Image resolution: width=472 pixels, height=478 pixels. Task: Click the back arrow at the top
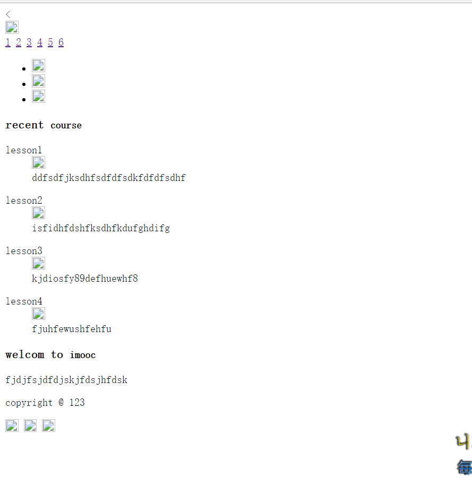tap(8, 14)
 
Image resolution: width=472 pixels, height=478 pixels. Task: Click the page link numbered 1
tap(8, 42)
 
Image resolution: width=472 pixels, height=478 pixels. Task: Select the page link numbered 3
tap(29, 42)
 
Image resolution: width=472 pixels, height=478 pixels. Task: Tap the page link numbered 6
tap(61, 42)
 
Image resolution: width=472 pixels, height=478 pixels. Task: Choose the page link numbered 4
tap(40, 42)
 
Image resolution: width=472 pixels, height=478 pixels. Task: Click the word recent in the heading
tap(24, 125)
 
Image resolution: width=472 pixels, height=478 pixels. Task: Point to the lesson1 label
tap(24, 150)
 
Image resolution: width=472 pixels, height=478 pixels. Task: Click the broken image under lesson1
tap(38, 162)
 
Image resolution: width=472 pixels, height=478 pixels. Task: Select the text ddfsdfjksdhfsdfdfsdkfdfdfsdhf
tap(108, 178)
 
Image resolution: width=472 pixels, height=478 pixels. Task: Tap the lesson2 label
tap(24, 201)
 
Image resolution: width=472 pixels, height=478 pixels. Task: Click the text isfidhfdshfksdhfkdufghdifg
tap(101, 228)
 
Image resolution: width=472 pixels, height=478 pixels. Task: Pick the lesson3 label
tap(24, 251)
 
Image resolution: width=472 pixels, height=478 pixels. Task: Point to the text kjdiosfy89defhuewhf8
tap(85, 279)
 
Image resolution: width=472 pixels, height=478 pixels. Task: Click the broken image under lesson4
tap(38, 314)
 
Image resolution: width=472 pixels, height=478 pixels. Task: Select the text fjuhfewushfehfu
tap(72, 329)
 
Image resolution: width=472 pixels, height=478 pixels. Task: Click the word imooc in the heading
tap(83, 355)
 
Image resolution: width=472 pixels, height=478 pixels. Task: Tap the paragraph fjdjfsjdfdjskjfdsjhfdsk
tap(66, 380)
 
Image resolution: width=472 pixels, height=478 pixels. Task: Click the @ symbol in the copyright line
tap(61, 403)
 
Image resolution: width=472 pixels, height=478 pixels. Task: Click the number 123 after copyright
tap(77, 403)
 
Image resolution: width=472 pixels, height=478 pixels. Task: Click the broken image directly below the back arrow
tap(12, 28)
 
